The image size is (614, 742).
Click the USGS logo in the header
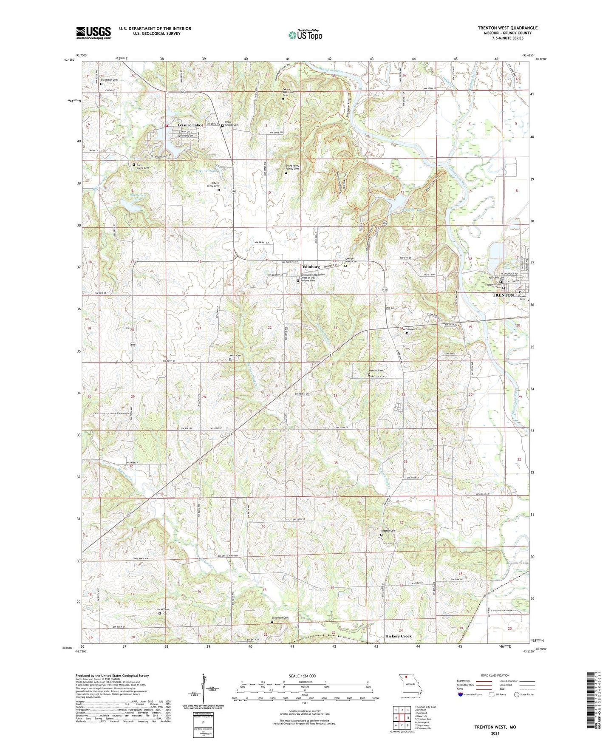[x=93, y=33]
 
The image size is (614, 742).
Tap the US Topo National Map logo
[x=305, y=35]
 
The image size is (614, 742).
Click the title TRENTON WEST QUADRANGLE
[x=507, y=28]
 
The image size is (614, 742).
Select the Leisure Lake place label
[x=189, y=125]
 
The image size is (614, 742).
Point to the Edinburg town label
[x=311, y=266]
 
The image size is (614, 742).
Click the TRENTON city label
[x=503, y=295]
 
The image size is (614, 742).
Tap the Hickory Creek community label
[x=398, y=636]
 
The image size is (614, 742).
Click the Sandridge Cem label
[x=280, y=618]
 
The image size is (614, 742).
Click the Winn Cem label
[x=235, y=356]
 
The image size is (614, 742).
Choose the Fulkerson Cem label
[x=109, y=80]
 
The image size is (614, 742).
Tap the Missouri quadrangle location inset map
[x=410, y=687]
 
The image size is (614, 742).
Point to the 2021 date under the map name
[x=495, y=734]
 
